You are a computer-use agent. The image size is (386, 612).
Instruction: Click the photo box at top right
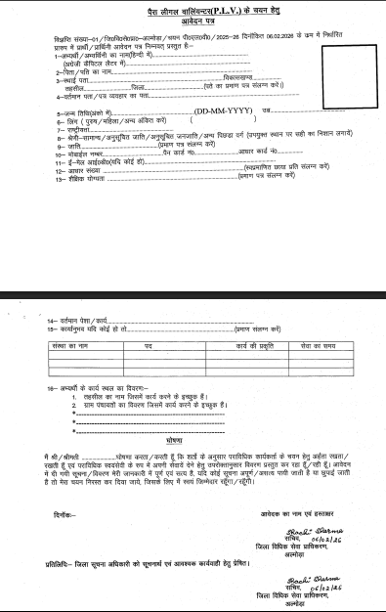[338, 59]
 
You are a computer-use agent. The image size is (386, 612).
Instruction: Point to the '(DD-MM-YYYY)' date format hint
[191, 112]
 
